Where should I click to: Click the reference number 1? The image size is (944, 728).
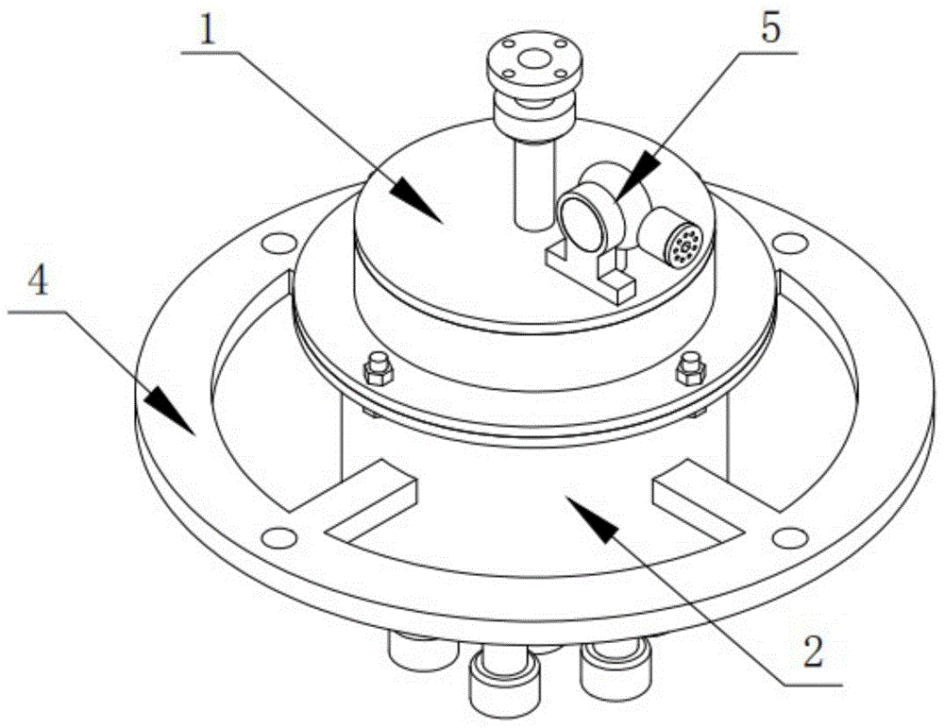207,29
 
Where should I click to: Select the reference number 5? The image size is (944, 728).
771,27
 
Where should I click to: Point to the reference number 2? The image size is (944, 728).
813,652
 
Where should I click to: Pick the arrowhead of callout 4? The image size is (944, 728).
170,412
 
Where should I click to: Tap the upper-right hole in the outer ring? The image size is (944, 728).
789,242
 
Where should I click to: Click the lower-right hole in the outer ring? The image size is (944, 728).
788,535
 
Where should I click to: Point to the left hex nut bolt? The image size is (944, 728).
379,369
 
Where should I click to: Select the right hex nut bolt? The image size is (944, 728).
690,368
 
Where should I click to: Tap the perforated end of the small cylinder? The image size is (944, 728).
683,245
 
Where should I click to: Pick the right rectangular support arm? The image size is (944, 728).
699,498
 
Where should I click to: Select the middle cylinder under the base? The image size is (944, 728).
504,679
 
